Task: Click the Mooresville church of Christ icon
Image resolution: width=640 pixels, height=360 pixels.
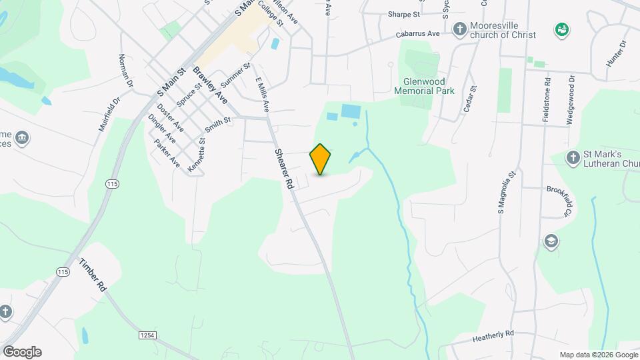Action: coord(459,29)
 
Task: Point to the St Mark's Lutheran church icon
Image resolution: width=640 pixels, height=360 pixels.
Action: coord(572,158)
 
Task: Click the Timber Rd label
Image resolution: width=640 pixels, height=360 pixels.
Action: coord(92,273)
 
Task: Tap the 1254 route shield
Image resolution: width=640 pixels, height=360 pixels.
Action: coord(147,335)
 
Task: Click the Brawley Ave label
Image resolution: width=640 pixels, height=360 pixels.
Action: coord(210,85)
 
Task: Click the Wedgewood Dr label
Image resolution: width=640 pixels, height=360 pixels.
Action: coord(571,100)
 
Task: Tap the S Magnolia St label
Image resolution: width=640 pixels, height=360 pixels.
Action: coord(507,193)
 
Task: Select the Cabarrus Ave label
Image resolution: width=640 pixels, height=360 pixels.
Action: coord(417,34)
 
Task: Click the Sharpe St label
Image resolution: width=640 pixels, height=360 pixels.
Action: coord(403,13)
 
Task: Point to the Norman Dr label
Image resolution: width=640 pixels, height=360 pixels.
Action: coord(125,71)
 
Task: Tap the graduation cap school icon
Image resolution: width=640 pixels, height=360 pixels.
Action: coord(551,241)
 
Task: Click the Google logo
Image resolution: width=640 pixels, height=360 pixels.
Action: coord(22,352)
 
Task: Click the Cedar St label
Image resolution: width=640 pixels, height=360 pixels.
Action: coord(469,99)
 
